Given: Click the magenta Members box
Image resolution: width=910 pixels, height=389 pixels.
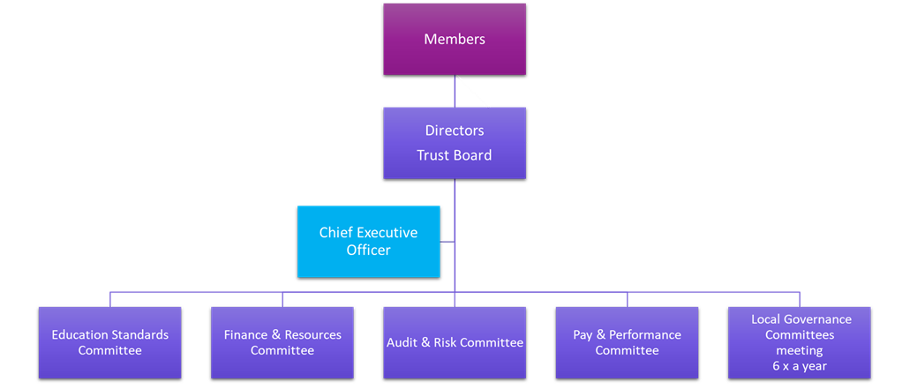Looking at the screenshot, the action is point(455,40).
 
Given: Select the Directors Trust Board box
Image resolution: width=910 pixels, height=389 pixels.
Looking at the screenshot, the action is point(455,143).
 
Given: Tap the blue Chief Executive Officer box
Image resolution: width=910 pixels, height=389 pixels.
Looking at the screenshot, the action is point(369,241).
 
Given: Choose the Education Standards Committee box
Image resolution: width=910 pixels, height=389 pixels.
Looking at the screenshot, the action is point(109,342).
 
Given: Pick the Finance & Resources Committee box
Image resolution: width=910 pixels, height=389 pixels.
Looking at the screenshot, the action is point(282,342).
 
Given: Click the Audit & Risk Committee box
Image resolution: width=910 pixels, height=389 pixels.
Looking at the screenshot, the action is point(455,342).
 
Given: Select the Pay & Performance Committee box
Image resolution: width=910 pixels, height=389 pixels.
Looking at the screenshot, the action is point(627,342).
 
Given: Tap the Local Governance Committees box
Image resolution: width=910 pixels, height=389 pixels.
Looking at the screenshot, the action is point(799,342).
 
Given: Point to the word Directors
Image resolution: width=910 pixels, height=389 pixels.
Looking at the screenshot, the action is point(455,131).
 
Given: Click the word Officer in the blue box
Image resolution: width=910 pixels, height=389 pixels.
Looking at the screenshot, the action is point(369,251).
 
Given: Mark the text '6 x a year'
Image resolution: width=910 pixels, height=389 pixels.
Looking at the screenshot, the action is point(801,366).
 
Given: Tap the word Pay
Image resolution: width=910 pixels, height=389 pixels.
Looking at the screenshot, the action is point(583,336).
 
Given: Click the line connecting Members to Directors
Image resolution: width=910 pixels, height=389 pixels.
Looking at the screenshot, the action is point(455,91).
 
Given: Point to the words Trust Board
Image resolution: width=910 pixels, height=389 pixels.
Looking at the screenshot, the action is point(455,155).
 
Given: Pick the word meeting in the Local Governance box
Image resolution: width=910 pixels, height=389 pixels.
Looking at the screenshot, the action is point(800,351).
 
